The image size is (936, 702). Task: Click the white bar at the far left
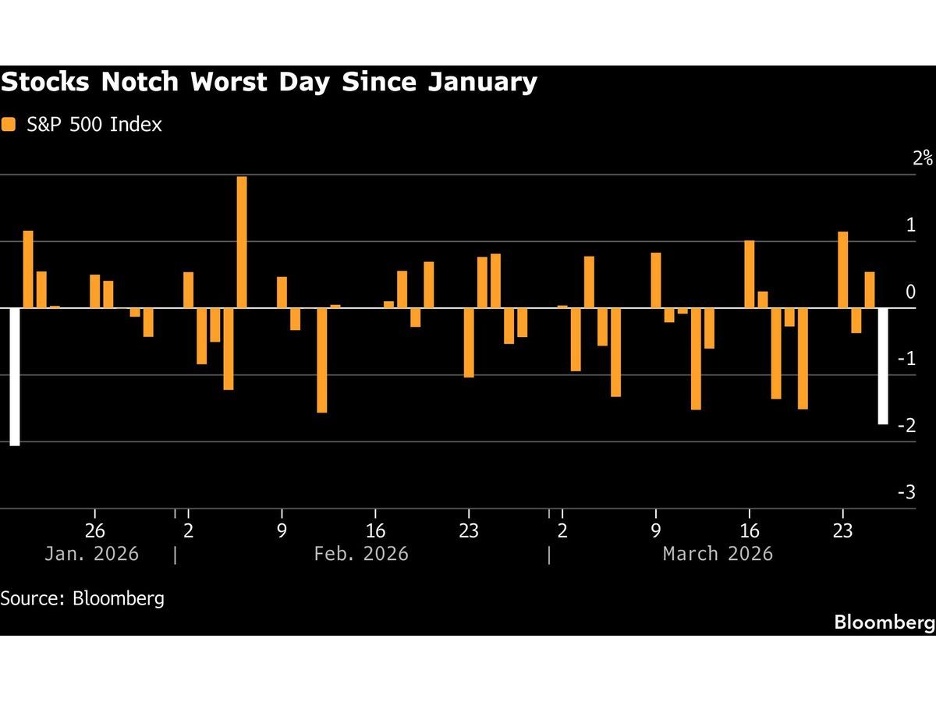pyautogui.click(x=14, y=377)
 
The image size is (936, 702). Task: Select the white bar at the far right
pyautogui.click(x=883, y=366)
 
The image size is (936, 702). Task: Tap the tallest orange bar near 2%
pyautogui.click(x=242, y=242)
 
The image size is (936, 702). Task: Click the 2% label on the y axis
pyautogui.click(x=923, y=158)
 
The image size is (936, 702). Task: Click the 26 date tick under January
pyautogui.click(x=94, y=531)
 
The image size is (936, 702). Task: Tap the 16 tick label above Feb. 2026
pyautogui.click(x=375, y=531)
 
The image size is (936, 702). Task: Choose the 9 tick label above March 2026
pyautogui.click(x=656, y=531)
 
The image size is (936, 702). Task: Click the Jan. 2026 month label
pyautogui.click(x=91, y=554)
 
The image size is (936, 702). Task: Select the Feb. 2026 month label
pyautogui.click(x=361, y=554)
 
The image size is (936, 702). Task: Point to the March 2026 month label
pyautogui.click(x=718, y=554)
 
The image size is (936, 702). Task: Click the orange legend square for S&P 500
pyautogui.click(x=9, y=124)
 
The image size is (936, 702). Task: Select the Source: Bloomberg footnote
pyautogui.click(x=82, y=598)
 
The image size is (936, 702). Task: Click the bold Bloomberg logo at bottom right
pyautogui.click(x=884, y=622)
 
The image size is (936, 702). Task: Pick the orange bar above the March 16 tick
pyautogui.click(x=750, y=274)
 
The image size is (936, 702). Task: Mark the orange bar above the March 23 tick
pyautogui.click(x=843, y=270)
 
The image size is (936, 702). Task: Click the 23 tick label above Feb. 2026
pyautogui.click(x=469, y=531)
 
